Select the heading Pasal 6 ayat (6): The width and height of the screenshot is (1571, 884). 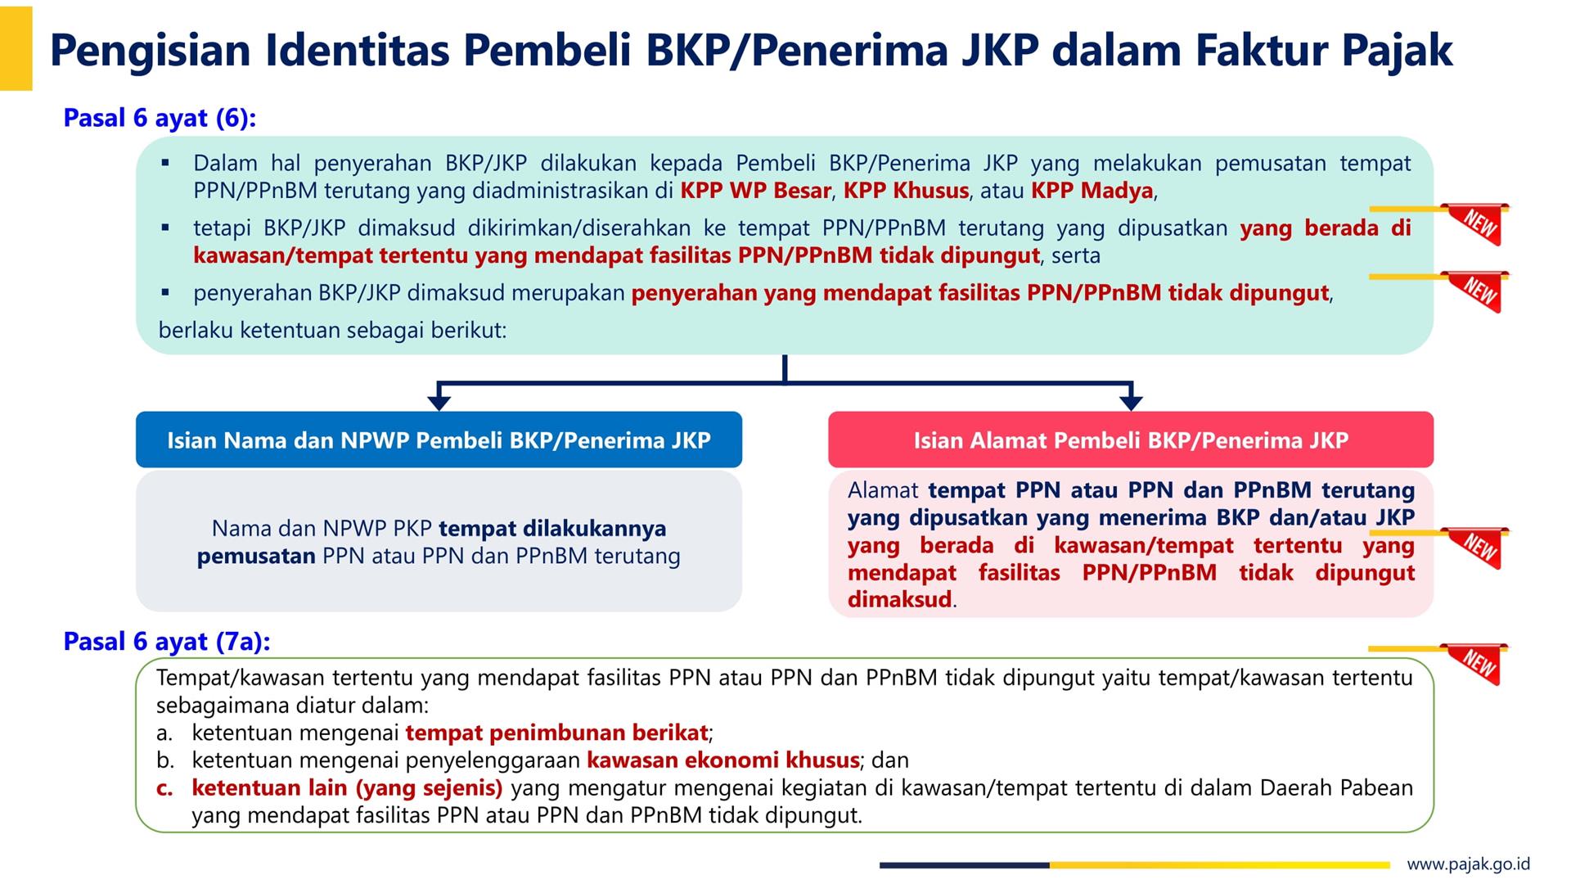coord(160,118)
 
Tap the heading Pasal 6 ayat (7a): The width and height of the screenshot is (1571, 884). coord(167,641)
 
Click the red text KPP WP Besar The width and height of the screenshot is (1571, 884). coord(756,191)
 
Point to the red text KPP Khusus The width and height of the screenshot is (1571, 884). coord(906,191)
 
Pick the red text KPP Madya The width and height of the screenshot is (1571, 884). coord(1092,191)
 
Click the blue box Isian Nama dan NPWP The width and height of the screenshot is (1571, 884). coord(439,440)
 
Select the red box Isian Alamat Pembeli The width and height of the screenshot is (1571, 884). coord(1131,440)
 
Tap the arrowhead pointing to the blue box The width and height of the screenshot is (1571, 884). coord(439,402)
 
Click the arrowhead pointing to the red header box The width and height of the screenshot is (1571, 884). coord(1131,402)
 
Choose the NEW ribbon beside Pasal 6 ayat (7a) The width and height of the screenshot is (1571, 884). coord(1478,663)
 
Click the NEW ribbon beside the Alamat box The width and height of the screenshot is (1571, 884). coord(1478,547)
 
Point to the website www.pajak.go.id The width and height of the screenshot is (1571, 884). coord(1469,864)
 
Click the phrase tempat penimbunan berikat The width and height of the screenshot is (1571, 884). coord(556,733)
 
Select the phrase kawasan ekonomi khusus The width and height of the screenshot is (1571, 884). coord(723,760)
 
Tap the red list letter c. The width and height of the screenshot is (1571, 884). coord(164,788)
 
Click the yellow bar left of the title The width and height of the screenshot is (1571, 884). coord(16,47)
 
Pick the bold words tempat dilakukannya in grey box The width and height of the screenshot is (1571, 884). coord(552,528)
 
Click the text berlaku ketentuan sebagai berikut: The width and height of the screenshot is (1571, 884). coord(333,331)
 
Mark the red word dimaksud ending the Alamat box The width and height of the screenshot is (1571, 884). coord(900,599)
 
